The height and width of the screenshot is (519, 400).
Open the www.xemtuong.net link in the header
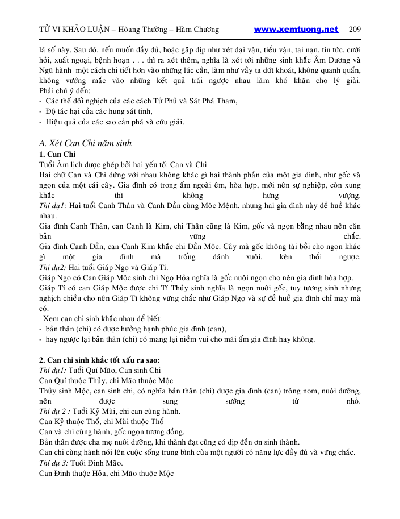pyautogui.click(x=296, y=30)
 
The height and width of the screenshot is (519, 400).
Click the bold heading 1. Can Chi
pyautogui.click(x=57, y=155)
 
